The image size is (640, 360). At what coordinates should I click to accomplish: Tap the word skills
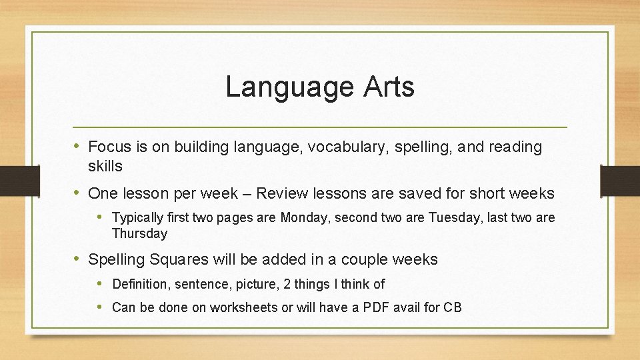[105, 165]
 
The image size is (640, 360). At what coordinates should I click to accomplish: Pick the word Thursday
[140, 233]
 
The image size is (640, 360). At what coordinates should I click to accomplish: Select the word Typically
[139, 218]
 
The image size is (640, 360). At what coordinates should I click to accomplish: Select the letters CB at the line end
[453, 307]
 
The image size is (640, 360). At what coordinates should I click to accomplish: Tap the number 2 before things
[287, 284]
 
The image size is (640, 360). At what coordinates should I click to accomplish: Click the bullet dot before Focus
[77, 146]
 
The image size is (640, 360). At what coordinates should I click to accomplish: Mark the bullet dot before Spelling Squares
[77, 259]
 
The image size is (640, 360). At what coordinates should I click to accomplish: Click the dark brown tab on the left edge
[11, 181]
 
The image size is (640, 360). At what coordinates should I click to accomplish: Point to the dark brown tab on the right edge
[620, 181]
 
